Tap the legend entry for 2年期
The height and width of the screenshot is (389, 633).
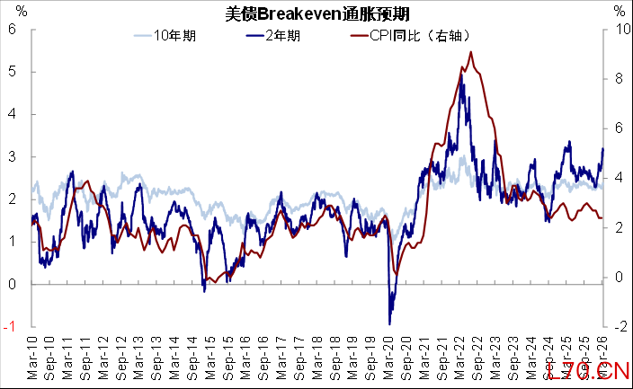click(279, 37)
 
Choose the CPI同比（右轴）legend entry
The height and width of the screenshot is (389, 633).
click(409, 37)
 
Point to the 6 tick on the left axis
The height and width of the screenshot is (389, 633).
click(13, 28)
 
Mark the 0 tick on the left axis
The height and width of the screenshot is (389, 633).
click(13, 285)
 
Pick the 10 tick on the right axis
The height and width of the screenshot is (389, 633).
click(619, 28)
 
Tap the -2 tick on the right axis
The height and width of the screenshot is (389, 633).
click(618, 327)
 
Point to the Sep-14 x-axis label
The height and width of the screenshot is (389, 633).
click(193, 358)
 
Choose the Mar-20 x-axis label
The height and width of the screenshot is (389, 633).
click(388, 358)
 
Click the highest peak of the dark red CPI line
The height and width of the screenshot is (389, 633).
click(471, 52)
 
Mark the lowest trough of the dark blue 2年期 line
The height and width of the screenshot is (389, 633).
click(389, 323)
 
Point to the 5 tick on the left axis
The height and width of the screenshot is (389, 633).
click(13, 71)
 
